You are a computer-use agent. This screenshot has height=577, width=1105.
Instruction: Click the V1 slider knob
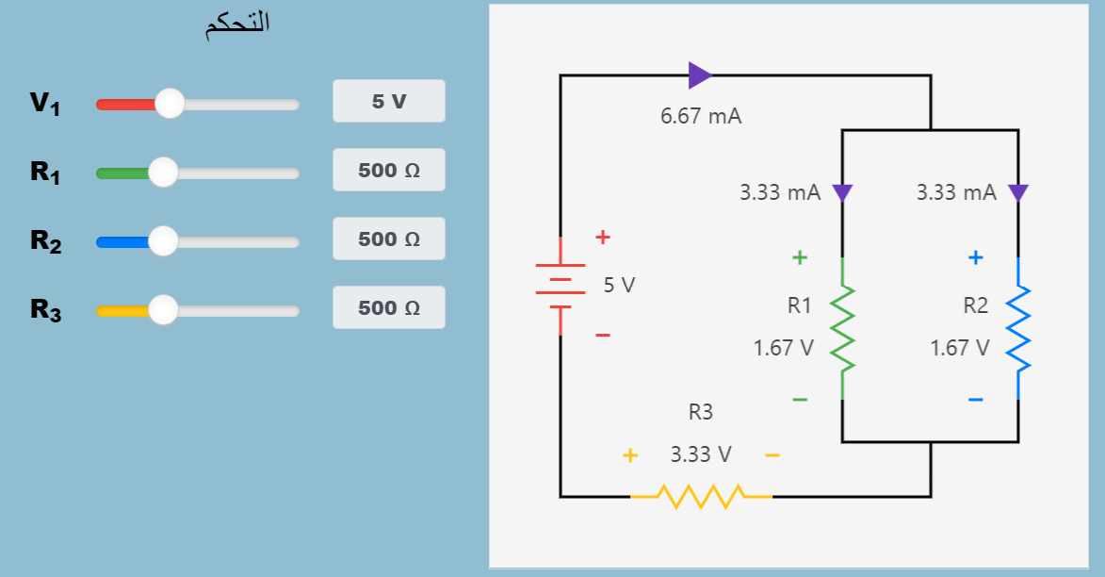pos(170,104)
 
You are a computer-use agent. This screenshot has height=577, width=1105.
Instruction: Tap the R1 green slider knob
pos(163,173)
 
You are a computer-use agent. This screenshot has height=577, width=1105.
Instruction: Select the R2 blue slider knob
pos(163,241)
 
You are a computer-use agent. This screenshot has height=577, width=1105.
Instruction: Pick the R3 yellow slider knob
pos(163,309)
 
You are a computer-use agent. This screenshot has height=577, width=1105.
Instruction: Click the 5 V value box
pos(388,102)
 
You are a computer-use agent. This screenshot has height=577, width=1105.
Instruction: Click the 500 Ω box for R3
pos(388,308)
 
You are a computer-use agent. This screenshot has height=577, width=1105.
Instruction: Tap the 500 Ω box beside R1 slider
pos(388,171)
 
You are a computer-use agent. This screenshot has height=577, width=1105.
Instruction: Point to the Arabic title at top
pos(237,25)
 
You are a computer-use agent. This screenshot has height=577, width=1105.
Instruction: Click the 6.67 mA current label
pos(701,117)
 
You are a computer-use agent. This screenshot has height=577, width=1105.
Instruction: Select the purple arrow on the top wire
pos(699,75)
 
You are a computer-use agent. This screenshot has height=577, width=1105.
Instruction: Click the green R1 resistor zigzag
pos(841,328)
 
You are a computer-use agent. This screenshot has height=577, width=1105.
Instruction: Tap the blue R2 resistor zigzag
pos(1018,328)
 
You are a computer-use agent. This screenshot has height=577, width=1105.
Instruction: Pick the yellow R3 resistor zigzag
pos(702,495)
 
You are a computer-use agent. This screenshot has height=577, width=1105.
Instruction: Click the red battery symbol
pos(561,286)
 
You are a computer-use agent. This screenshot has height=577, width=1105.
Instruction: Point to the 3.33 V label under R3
pos(701,454)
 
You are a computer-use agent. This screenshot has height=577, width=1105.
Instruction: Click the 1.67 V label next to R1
pos(783,348)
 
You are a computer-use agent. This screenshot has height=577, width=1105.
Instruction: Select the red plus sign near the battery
pos(603,238)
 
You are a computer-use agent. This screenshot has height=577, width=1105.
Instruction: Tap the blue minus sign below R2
pos(976,400)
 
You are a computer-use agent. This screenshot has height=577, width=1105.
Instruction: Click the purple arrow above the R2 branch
pos(1017,193)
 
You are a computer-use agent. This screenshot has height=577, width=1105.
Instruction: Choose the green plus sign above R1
pos(800,256)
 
